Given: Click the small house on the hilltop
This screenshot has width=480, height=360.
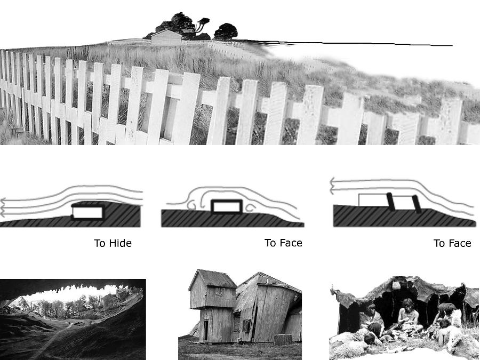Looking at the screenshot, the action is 166,38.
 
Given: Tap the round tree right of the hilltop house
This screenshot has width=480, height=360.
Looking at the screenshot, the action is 226,31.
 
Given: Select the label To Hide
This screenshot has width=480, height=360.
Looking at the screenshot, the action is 113,243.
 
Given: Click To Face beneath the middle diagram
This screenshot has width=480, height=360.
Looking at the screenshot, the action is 283,243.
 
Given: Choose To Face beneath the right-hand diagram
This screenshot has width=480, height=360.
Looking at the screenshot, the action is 452,243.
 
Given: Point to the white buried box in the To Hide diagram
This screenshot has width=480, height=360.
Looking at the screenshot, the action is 87,212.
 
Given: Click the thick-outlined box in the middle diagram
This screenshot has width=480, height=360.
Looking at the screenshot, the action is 227,206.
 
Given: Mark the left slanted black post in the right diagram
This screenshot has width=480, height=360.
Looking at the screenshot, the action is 390,202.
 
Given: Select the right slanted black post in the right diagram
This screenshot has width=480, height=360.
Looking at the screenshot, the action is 417,204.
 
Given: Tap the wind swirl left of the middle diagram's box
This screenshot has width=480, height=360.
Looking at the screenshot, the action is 191,205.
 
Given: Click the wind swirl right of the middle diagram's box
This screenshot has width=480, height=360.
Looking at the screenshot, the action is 250,208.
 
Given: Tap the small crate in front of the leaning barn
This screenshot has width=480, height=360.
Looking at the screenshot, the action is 283,340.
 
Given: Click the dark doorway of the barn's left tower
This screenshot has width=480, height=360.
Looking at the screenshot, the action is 206,330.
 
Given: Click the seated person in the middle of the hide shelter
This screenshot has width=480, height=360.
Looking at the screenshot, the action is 407,318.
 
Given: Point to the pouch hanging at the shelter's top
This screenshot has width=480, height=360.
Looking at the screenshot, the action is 396,285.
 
